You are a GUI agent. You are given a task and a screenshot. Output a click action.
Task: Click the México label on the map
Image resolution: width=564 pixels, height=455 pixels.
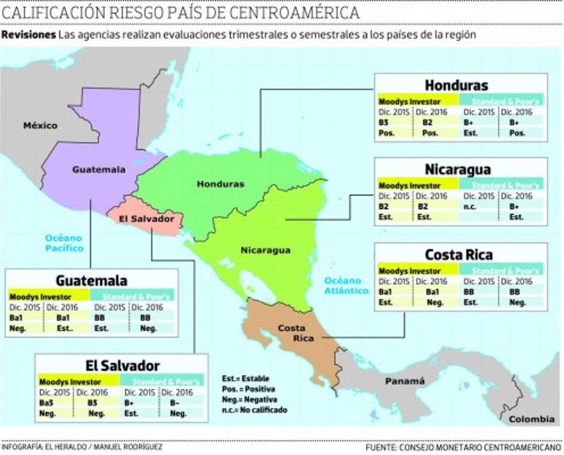click(40, 125)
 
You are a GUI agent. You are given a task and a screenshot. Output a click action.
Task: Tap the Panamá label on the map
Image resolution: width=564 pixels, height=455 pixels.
click(405, 381)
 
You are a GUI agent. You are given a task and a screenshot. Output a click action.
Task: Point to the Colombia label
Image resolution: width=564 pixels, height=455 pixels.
click(531, 419)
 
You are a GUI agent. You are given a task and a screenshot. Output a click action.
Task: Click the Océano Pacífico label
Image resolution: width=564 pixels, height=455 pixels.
click(64, 243)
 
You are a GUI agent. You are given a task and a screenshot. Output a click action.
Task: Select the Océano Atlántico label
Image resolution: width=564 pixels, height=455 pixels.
click(346, 286)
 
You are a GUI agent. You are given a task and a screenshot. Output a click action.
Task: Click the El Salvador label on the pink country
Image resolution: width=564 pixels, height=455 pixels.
click(147, 219)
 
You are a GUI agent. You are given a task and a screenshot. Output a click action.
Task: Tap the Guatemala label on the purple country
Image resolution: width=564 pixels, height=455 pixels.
click(99, 170)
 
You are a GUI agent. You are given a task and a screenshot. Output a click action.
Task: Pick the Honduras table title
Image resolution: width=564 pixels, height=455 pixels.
click(456, 84)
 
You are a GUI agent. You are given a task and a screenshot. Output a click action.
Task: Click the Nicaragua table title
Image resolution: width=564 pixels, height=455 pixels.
click(457, 169)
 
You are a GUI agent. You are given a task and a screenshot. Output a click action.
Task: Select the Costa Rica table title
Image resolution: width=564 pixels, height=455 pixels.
click(458, 254)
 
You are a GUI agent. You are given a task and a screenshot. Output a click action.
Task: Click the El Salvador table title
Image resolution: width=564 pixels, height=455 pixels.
click(122, 366)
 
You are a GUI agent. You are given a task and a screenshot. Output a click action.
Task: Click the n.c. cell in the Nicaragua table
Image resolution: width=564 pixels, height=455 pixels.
click(469, 207)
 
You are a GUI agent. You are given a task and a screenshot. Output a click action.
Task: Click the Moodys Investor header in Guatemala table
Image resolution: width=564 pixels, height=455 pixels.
click(40, 297)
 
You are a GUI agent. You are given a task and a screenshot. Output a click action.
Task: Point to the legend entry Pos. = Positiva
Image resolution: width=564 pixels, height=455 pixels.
click(249, 389)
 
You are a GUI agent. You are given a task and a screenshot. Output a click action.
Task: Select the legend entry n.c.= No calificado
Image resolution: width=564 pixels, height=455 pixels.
click(254, 410)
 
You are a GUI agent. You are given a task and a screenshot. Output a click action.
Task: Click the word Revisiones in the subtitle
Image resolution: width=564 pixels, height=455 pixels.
click(28, 35)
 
